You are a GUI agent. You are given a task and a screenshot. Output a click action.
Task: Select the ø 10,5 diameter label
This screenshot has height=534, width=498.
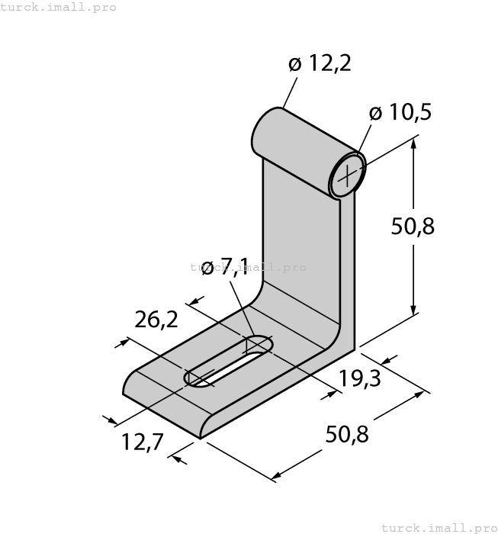400,113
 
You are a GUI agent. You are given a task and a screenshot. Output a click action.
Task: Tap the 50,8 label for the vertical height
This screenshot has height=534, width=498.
413,226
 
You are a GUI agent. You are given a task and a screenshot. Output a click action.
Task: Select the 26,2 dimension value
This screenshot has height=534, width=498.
156,320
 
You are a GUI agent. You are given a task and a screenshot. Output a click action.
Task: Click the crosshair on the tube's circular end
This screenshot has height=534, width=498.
347,175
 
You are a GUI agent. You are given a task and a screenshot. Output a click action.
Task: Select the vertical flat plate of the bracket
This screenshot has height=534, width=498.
301,244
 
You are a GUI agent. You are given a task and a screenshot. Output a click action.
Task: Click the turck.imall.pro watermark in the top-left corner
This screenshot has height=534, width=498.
59,7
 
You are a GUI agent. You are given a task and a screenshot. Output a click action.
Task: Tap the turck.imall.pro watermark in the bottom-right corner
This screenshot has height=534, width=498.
438,527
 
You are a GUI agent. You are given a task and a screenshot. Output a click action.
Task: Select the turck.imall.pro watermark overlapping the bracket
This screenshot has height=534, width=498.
248,267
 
